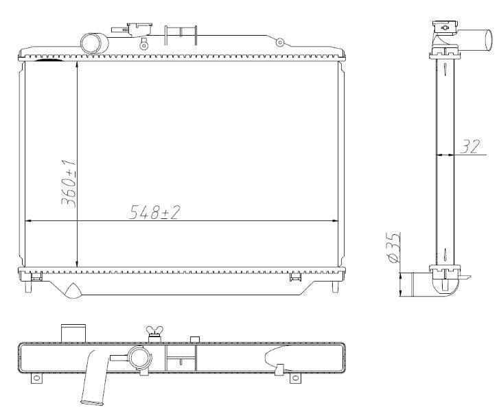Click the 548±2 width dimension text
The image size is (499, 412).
click(154, 212)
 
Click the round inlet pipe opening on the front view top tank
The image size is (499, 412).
click(93, 43)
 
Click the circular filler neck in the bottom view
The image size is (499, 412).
click(140, 358)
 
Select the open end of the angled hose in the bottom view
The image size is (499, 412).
click(92, 401)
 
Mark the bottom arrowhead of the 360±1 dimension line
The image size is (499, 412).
click(77, 264)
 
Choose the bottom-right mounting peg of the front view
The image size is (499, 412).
click(335, 286)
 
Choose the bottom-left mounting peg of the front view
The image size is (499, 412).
click(28, 286)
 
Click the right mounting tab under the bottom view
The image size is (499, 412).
click(294, 378)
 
